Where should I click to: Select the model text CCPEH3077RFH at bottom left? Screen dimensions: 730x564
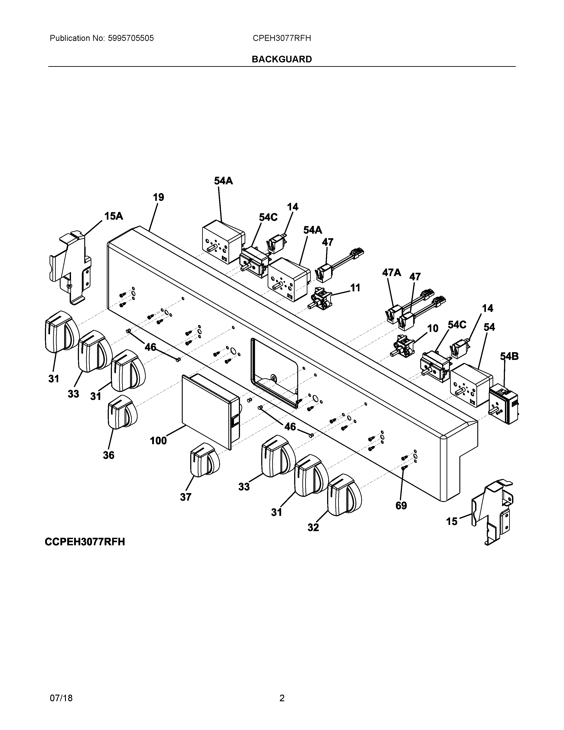[85, 542]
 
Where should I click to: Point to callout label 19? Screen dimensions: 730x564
[158, 198]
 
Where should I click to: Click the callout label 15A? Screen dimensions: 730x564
[114, 216]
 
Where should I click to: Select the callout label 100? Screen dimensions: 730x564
[158, 440]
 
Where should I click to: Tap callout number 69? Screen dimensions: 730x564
[401, 506]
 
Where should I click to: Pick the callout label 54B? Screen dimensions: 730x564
[509, 357]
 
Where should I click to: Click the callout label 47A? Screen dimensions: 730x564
[391, 273]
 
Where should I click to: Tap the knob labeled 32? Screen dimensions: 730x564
[344, 495]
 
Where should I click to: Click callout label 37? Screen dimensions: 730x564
[186, 497]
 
